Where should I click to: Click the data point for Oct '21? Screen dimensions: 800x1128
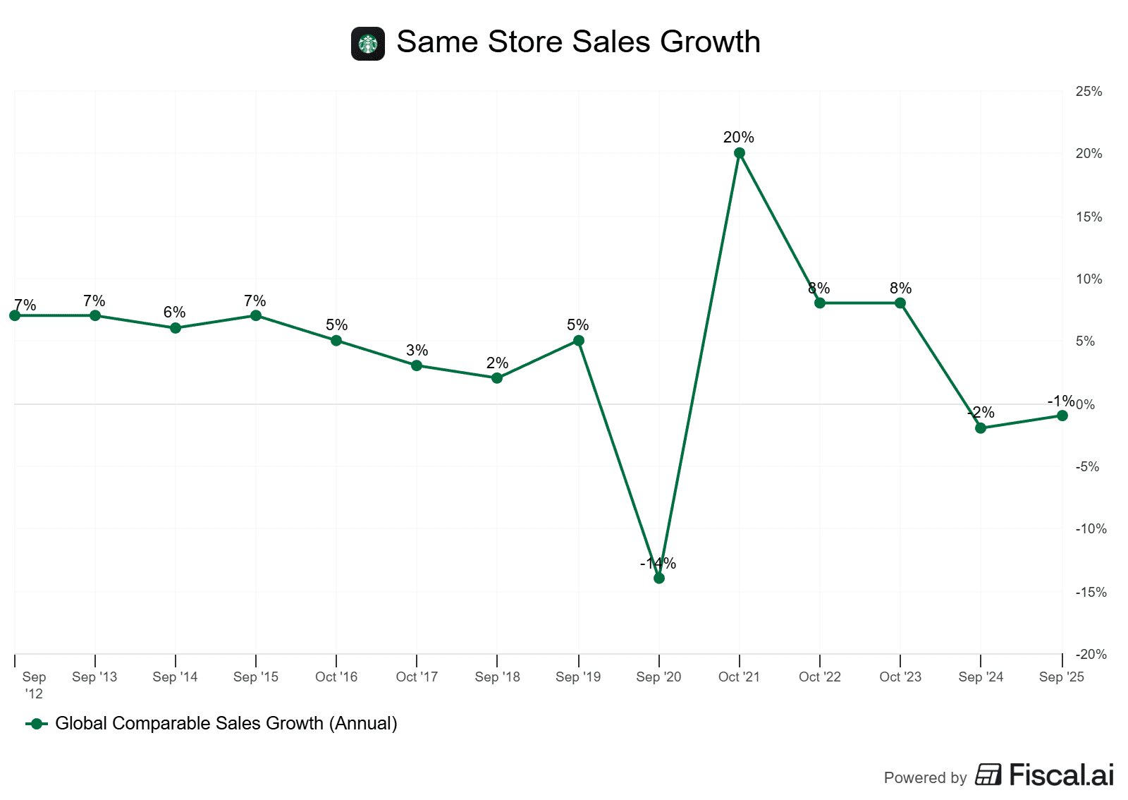(740, 153)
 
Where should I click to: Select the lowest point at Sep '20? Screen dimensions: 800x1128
(659, 578)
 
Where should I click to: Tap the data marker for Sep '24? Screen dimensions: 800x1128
(981, 428)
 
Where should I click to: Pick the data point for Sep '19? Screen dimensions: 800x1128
(579, 341)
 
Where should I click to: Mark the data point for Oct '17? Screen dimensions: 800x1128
(417, 365)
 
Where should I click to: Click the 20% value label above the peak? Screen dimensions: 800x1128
(739, 137)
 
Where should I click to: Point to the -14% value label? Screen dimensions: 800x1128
(658, 563)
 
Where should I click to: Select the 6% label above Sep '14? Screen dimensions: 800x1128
(174, 312)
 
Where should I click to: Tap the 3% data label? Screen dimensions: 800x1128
(417, 350)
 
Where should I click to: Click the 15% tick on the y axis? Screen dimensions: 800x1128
(1089, 217)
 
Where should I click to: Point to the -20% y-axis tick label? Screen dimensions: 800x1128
(1091, 654)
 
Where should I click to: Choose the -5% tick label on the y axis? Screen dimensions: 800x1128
(1087, 466)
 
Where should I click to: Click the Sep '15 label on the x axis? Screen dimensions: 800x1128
(256, 677)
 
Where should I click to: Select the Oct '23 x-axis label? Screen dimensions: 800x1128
(900, 677)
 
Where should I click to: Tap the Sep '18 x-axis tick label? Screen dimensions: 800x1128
(497, 677)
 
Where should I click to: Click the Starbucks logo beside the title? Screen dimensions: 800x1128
(368, 44)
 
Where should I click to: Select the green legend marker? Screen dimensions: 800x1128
(37, 724)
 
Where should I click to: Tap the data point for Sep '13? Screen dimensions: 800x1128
(95, 315)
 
